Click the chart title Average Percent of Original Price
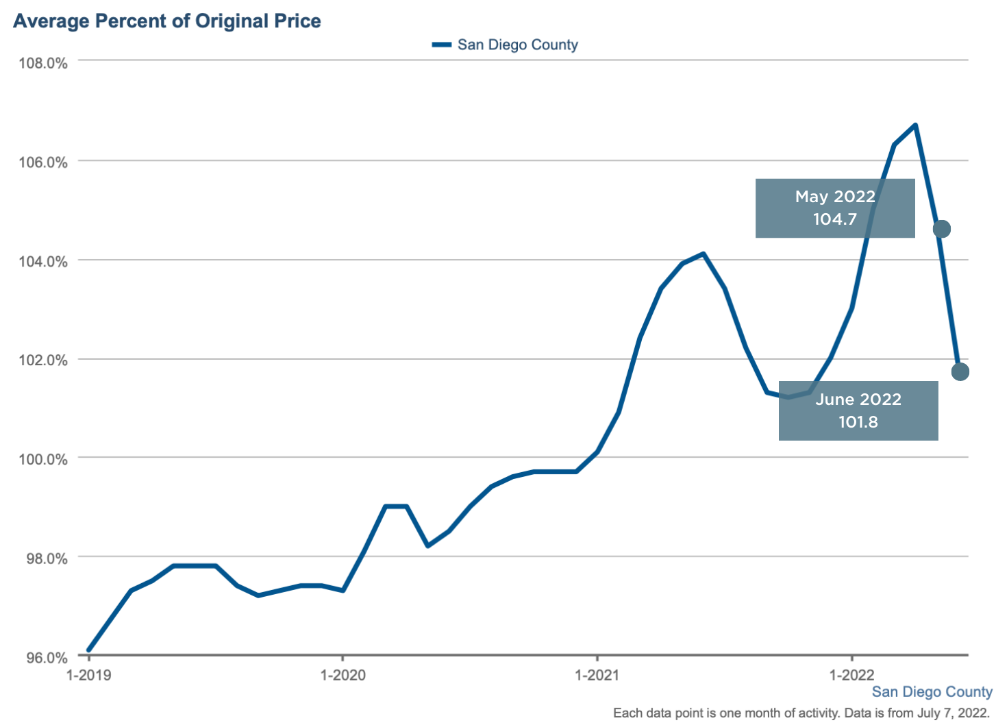[x=167, y=21]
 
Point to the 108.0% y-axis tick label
[x=43, y=64]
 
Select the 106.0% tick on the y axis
[x=43, y=162]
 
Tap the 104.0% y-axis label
[x=43, y=261]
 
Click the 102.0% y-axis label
[x=43, y=360]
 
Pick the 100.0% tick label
[x=43, y=459]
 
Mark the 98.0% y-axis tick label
[x=43, y=558]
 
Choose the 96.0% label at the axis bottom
[x=43, y=658]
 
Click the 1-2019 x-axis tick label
[x=88, y=675]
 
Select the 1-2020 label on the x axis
[x=343, y=675]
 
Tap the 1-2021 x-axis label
[x=597, y=675]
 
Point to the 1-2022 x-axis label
[x=851, y=675]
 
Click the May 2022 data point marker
[x=942, y=229]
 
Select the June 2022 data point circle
[x=960, y=371]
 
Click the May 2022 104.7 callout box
[x=835, y=208]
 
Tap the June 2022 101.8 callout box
[x=858, y=410]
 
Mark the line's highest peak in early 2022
[x=916, y=125]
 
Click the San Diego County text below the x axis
[x=932, y=692]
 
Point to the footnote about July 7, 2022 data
[x=801, y=713]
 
